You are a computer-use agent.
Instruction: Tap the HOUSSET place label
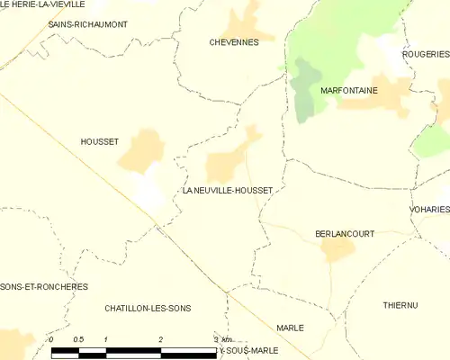99,141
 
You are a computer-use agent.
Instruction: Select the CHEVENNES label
233,42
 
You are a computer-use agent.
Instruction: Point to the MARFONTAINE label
348,92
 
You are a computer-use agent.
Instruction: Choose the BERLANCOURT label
345,233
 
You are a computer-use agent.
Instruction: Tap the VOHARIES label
429,209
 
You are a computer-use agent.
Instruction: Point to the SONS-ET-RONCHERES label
44,286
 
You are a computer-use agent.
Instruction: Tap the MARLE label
290,328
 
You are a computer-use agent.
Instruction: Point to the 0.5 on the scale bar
78,338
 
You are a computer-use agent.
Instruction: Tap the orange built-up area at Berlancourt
338,249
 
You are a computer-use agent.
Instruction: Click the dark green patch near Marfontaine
306,90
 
